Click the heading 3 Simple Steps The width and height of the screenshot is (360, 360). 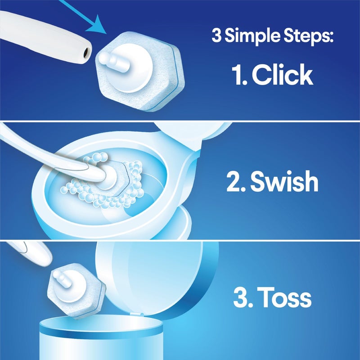click(272, 36)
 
